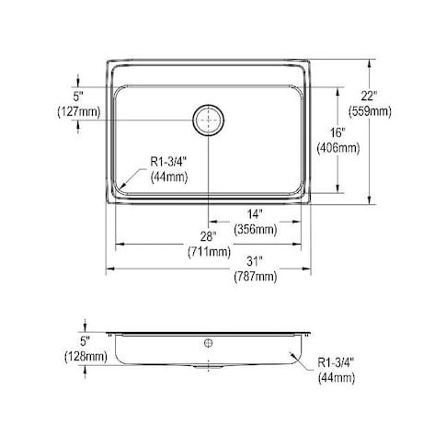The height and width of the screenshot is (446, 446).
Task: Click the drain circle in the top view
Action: click(209, 120)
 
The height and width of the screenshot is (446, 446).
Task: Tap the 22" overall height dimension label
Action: click(369, 96)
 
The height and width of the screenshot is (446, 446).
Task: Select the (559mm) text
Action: click(370, 111)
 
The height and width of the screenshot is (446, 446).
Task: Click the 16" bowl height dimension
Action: click(337, 132)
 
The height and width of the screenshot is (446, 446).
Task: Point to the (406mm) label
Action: click(338, 148)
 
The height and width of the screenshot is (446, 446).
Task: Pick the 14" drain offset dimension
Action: click(255, 214)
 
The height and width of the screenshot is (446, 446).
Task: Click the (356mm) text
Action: click(256, 229)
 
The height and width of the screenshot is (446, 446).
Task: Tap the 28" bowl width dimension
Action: click(209, 236)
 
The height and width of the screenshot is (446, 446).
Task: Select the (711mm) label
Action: click(209, 252)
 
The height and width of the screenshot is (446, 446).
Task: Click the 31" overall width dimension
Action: click(255, 261)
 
